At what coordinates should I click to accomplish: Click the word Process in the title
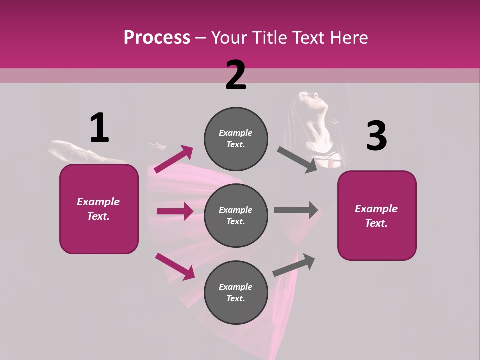point(157,37)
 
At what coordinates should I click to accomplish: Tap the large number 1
point(99,128)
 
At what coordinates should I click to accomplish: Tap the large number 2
point(236,75)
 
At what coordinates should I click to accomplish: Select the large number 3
point(376,136)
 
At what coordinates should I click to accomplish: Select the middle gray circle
point(236,215)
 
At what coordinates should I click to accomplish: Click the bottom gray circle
point(236,292)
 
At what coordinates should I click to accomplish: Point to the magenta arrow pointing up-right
point(174,159)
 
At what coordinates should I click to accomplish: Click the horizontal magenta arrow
point(175,211)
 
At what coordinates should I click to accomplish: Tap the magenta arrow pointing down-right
point(175,266)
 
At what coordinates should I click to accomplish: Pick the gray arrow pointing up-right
point(294,264)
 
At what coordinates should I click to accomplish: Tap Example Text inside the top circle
point(236,139)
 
